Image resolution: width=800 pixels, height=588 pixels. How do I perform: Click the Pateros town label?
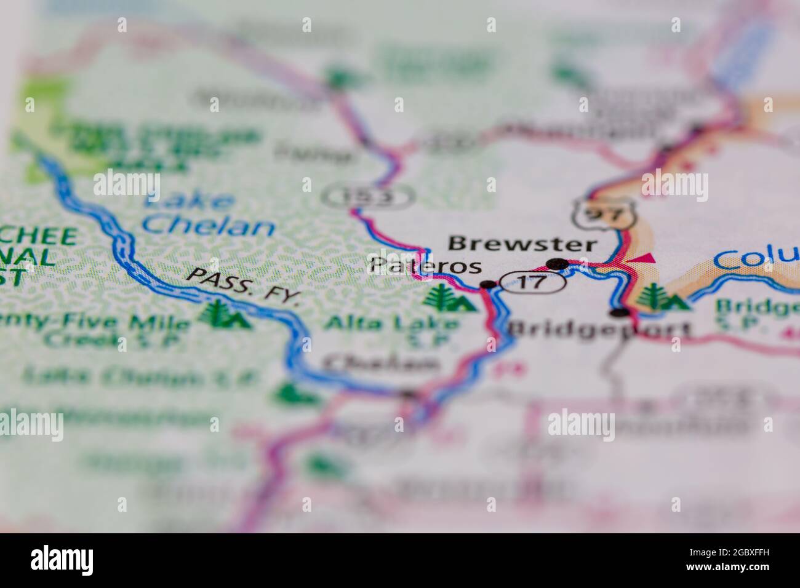click(425, 266)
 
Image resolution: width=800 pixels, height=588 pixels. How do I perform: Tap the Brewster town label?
click(522, 244)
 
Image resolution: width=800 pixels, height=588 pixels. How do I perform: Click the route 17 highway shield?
click(523, 282)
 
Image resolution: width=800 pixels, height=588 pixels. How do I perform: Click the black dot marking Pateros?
click(487, 284)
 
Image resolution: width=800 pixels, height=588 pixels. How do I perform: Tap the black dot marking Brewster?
click(559, 264)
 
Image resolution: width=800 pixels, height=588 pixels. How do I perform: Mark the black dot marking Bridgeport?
click(623, 312)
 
